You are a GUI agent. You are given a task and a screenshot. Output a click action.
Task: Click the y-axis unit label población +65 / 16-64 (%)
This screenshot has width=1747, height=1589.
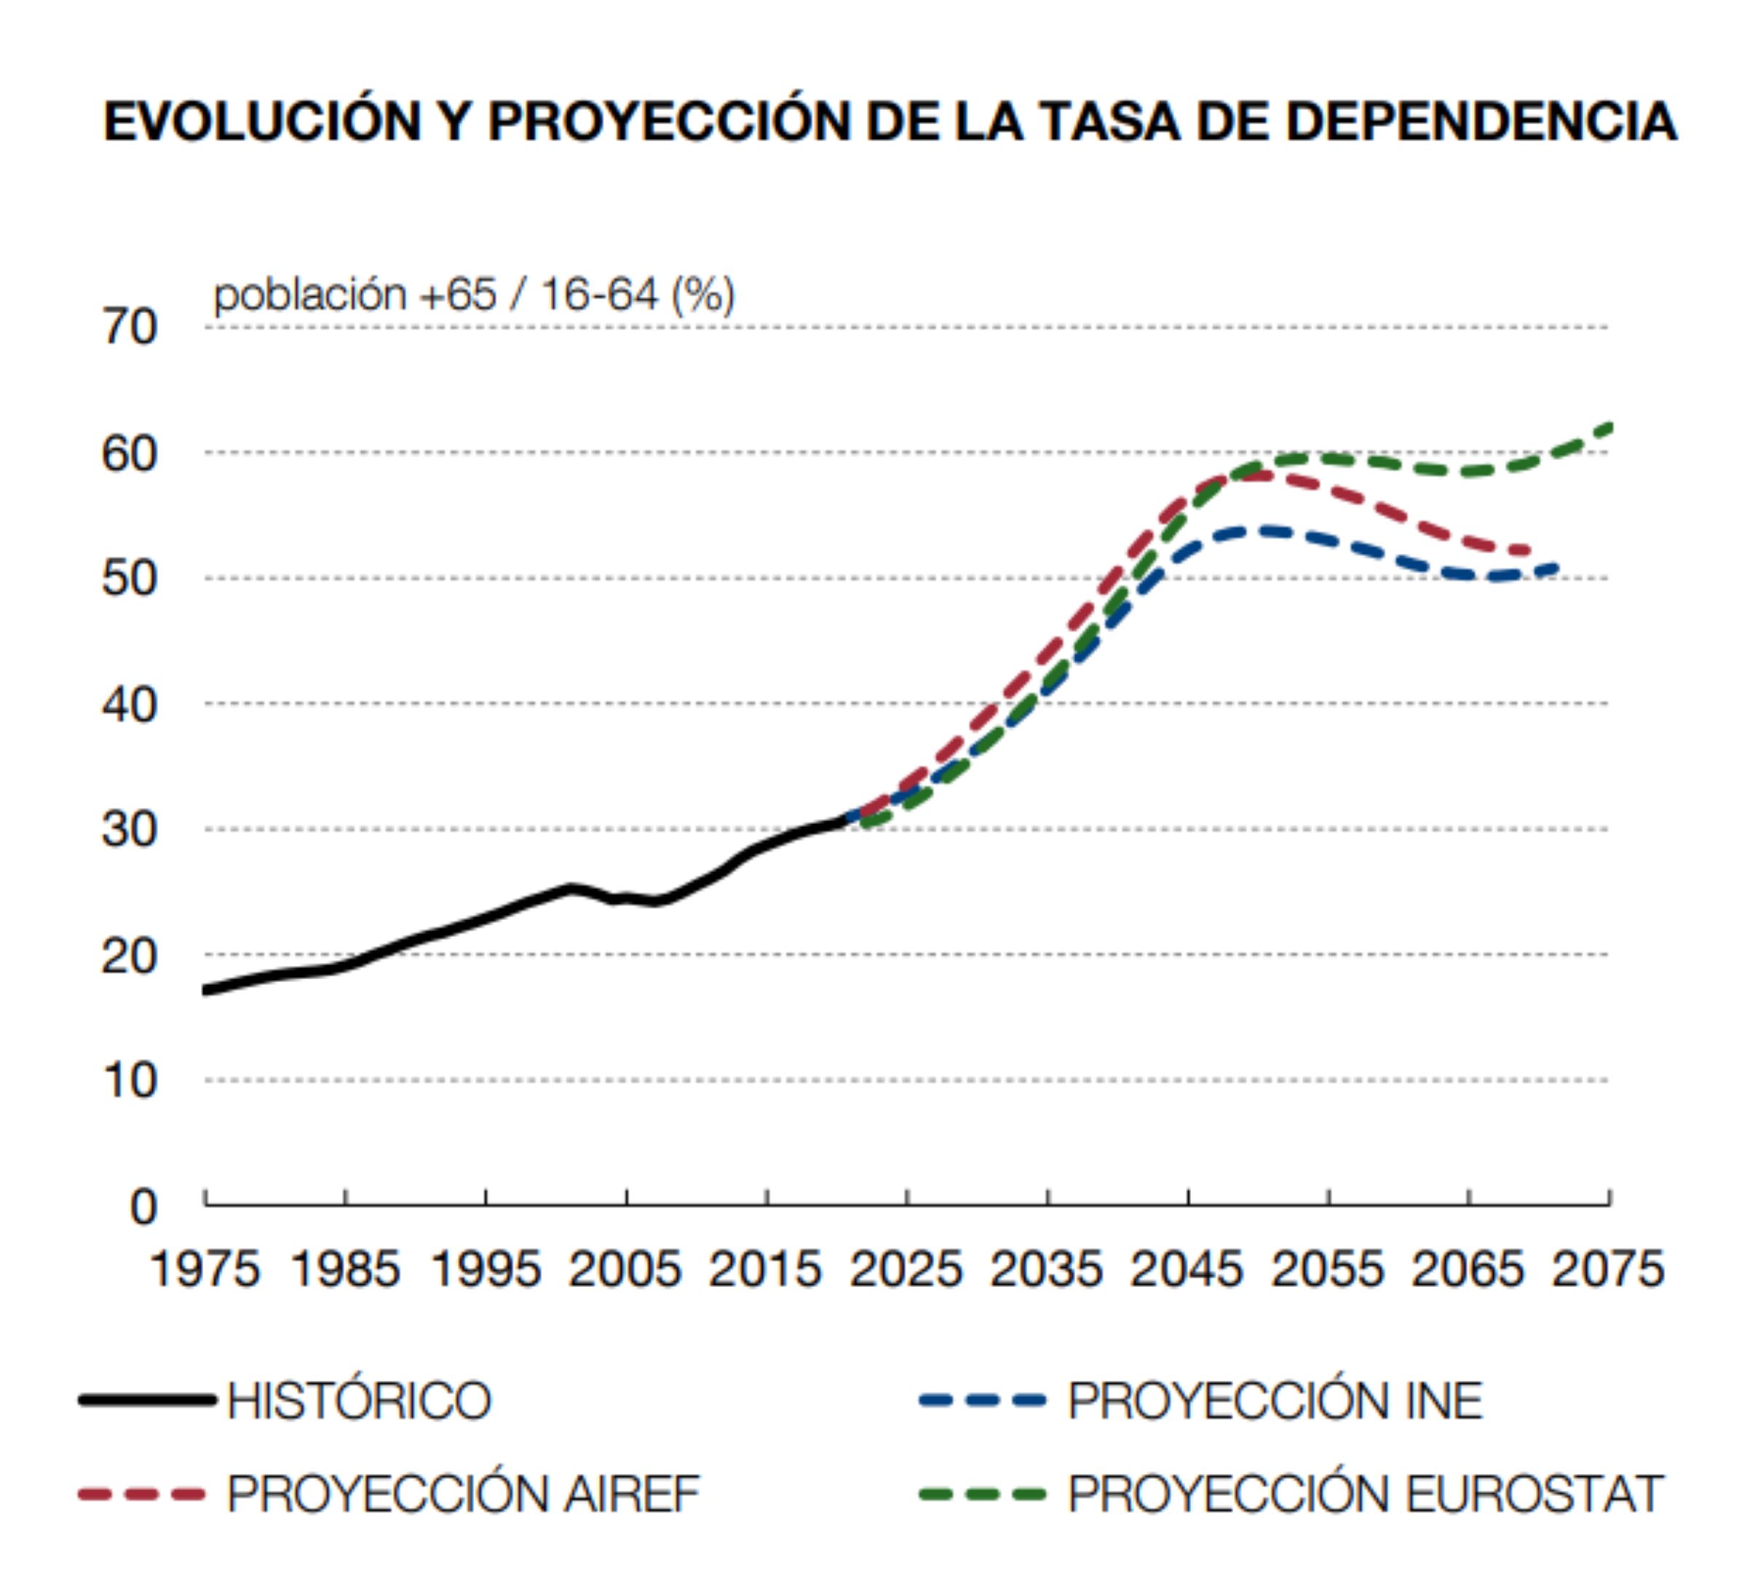coord(474,295)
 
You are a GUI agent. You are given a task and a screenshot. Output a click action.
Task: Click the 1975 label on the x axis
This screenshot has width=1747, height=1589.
coord(205,1270)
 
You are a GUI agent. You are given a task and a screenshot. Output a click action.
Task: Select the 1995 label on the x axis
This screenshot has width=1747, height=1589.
coord(486,1270)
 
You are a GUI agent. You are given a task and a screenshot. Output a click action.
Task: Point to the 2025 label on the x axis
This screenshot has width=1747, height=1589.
coord(906,1270)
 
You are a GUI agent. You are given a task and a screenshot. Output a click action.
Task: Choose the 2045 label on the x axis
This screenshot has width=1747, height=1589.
coord(1187,1270)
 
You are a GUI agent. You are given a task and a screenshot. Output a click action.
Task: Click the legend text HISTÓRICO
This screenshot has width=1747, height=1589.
coord(360,1401)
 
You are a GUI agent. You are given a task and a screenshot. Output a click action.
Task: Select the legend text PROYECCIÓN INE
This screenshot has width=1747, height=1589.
coord(1275,1401)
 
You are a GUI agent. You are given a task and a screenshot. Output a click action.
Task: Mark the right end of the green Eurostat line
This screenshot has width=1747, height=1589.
coord(1609,427)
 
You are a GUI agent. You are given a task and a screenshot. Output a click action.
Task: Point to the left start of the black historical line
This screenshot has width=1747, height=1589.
coord(206,991)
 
